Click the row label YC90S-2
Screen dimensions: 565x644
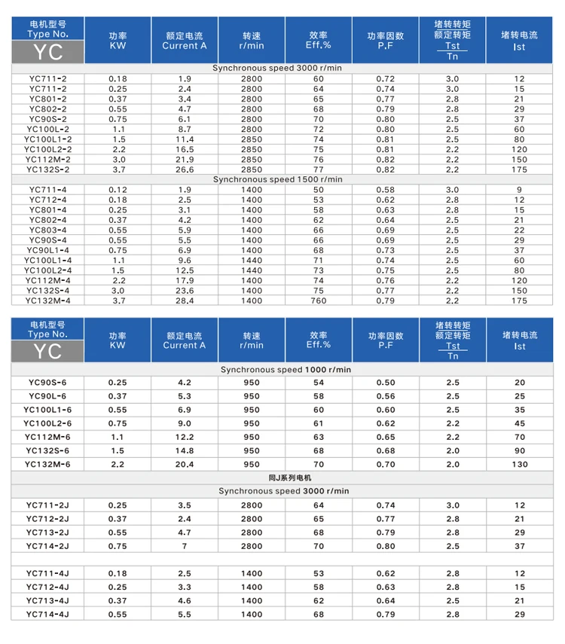(47, 119)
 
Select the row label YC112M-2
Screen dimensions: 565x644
(47, 159)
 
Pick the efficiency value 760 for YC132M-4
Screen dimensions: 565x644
(319, 301)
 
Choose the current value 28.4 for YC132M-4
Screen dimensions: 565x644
(185, 301)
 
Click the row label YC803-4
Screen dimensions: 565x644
(47, 230)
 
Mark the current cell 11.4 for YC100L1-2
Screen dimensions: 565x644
(185, 139)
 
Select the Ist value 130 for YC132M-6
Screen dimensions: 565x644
(520, 464)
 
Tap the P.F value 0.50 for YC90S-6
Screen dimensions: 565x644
(386, 383)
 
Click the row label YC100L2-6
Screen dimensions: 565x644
(47, 423)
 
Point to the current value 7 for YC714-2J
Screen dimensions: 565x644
(185, 546)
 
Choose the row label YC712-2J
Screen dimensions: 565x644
(47, 519)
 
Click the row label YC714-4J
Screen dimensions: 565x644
(47, 614)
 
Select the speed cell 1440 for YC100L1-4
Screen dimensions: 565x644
(252, 260)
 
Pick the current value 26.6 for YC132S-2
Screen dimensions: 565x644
(185, 169)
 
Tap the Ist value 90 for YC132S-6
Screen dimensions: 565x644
(520, 450)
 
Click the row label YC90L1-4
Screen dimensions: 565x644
(47, 250)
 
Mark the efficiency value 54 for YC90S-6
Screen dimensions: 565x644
(319, 383)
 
